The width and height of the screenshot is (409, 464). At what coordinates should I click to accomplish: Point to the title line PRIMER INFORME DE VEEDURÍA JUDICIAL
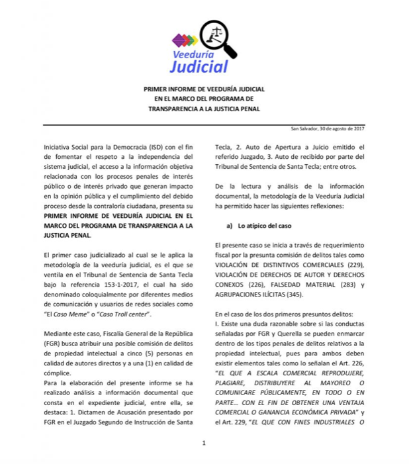(x=204, y=89)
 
